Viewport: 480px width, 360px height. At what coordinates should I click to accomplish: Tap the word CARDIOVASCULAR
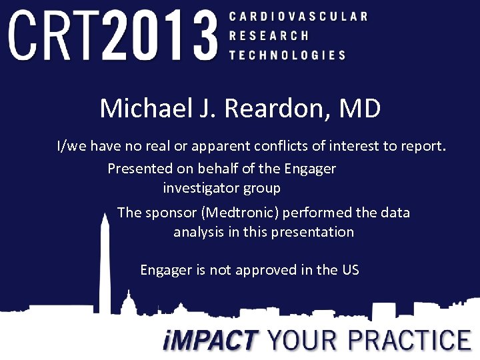click(x=297, y=16)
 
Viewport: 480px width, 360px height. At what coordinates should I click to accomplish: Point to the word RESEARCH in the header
click(x=269, y=35)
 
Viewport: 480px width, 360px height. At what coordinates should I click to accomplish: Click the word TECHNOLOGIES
click(x=287, y=55)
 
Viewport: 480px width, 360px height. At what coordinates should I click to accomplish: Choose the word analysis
click(x=199, y=233)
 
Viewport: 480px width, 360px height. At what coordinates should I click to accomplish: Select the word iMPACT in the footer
click(x=211, y=340)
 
